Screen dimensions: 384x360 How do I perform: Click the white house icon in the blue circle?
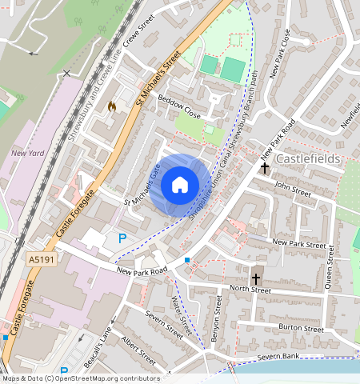pos(180,185)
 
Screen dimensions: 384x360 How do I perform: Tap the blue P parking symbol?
pos(122,238)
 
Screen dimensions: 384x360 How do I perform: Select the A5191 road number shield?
pos(42,260)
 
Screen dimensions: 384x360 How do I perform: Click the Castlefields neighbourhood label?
pos(308,159)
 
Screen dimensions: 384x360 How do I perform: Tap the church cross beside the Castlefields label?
pos(265,167)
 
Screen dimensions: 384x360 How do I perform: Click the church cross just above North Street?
pos(256,278)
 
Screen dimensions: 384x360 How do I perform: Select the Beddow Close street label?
pos(179,110)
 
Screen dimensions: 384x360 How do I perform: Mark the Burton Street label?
pos(301,328)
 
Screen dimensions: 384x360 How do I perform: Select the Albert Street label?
pos(138,349)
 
